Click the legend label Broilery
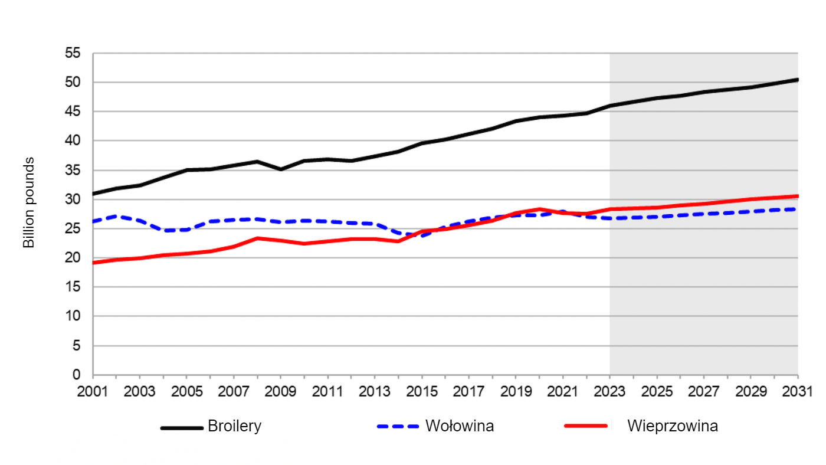tap(234, 426)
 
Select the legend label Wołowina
tap(460, 426)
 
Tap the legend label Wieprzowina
tap(673, 426)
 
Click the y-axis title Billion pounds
tap(29, 202)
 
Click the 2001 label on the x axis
tap(93, 391)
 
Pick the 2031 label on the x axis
tap(798, 391)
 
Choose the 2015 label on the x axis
tap(422, 391)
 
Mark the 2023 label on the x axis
tap(610, 391)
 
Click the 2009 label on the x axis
tap(281, 391)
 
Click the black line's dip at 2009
tap(281, 169)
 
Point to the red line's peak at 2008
tap(257, 238)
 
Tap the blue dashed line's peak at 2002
tap(117, 216)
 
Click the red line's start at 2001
tap(94, 263)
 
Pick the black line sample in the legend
tap(182, 427)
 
